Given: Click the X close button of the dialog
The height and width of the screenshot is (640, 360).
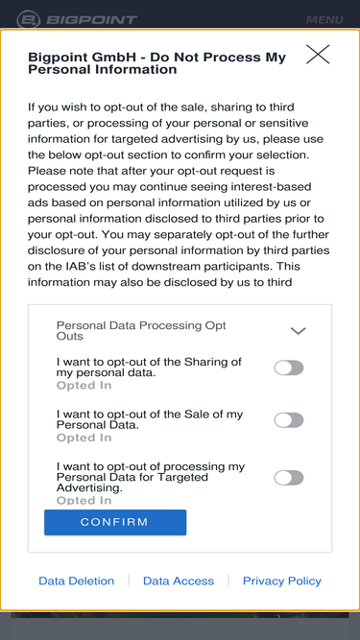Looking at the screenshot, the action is (x=318, y=55).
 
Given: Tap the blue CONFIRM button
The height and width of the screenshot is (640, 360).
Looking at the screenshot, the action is (x=115, y=522).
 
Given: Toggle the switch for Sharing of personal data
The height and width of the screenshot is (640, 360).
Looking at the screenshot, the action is (x=289, y=367).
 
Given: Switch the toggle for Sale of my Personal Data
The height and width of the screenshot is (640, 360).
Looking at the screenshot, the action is (x=289, y=420).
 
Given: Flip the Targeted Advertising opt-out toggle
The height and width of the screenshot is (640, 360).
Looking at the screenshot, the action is (x=289, y=478).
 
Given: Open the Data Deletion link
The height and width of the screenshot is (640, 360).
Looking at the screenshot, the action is (x=77, y=581).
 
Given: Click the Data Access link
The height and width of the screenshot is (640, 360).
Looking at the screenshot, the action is (x=179, y=581).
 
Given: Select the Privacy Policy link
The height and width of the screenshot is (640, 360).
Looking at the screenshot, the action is (x=282, y=581).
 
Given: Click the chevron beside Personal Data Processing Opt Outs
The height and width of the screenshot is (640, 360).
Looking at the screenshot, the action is (x=298, y=331).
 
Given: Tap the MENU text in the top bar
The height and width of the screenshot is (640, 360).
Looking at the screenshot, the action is (x=324, y=20).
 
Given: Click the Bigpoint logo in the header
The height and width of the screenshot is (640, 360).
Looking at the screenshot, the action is (x=77, y=20).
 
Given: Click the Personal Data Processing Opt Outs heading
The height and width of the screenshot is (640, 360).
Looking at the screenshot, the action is (x=141, y=331).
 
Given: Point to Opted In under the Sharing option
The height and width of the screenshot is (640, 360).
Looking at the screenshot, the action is (x=84, y=386).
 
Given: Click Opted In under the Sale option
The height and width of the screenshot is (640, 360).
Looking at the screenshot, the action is (x=84, y=438).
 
